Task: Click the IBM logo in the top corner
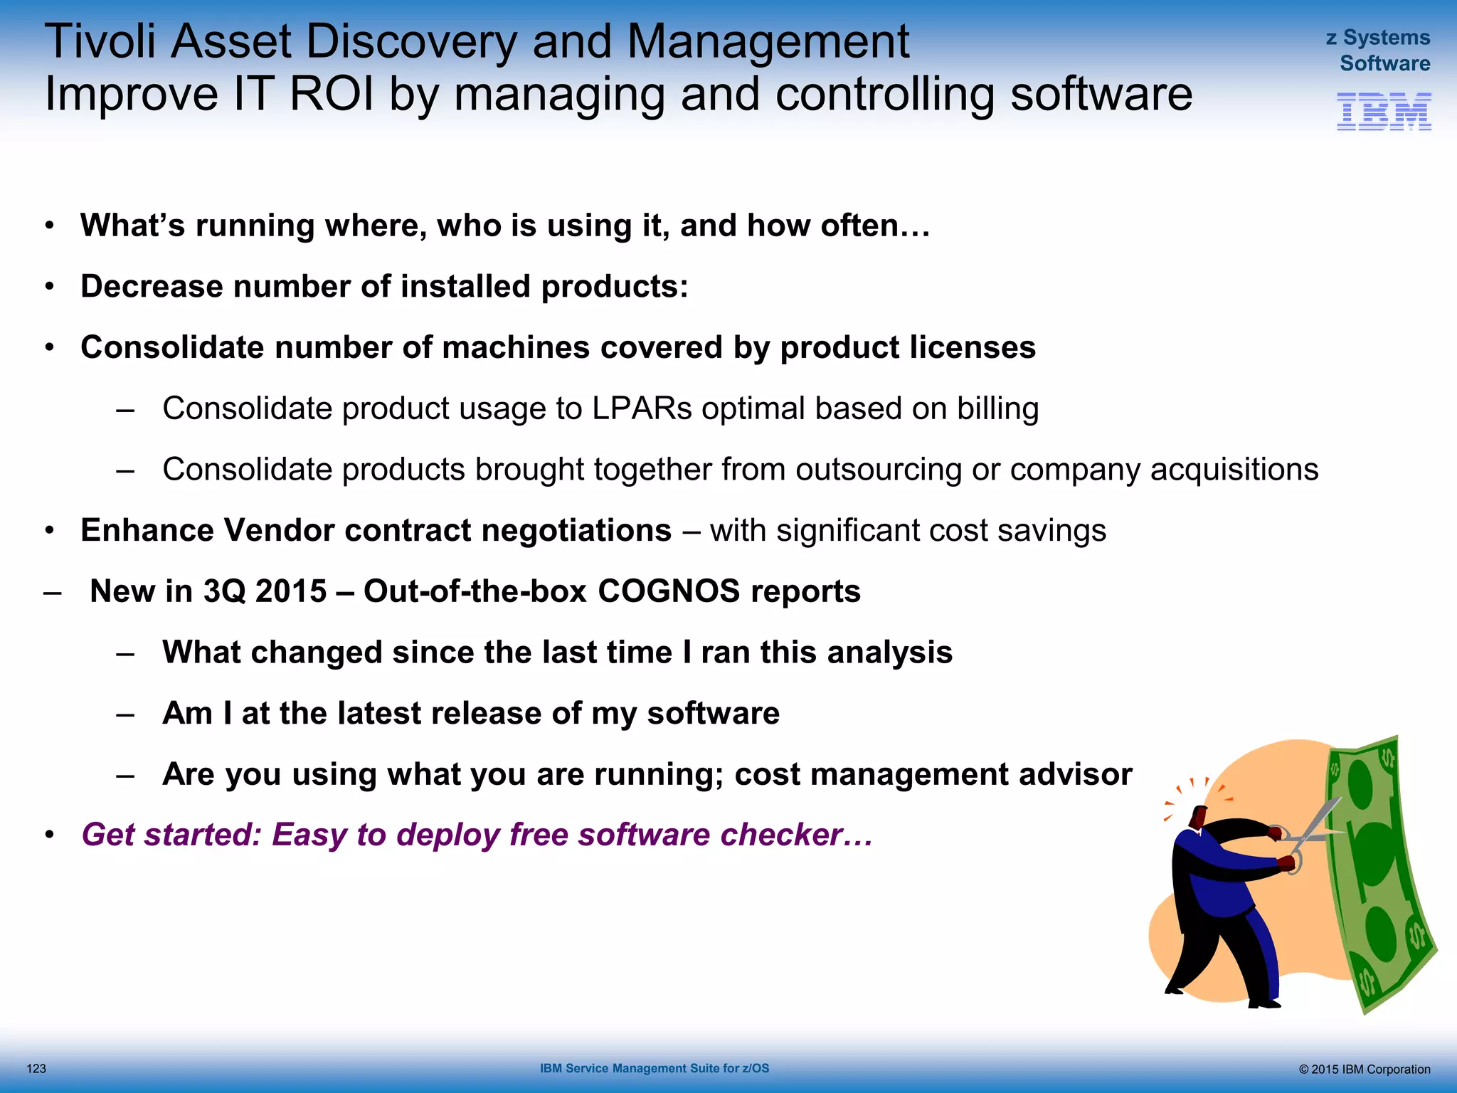point(1384,112)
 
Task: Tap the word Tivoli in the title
point(100,41)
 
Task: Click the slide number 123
point(36,1068)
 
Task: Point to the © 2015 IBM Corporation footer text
point(1364,1069)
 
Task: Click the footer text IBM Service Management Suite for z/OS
point(655,1068)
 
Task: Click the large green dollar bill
point(1377,875)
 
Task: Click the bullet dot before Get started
point(49,835)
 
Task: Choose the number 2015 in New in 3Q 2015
point(290,591)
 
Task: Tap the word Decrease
point(152,287)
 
